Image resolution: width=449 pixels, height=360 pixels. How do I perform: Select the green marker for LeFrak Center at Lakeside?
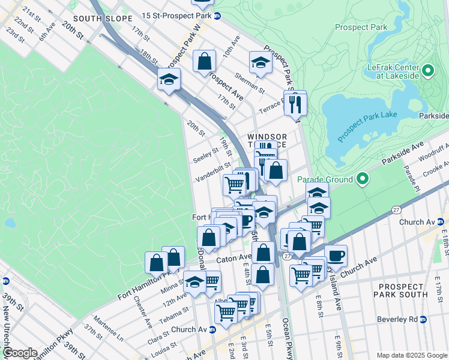click(x=427, y=71)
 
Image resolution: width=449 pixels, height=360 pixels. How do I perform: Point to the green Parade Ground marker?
click(x=363, y=179)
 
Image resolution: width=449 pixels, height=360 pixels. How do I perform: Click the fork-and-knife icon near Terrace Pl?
click(x=294, y=104)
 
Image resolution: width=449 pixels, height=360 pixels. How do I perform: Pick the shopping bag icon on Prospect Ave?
click(x=204, y=62)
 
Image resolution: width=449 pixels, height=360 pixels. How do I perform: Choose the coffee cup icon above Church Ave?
click(x=336, y=256)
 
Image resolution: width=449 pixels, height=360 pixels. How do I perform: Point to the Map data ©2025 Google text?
click(x=412, y=355)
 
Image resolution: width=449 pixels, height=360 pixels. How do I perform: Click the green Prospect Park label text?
click(x=361, y=27)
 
